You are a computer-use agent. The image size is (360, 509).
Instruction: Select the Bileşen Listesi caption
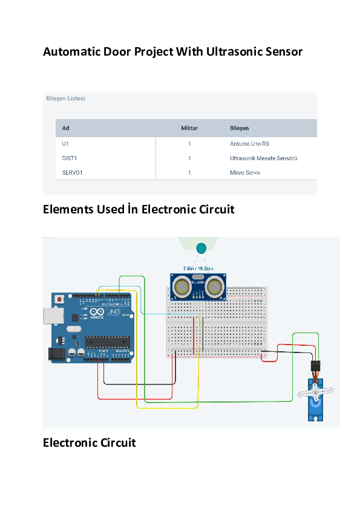pyautogui.click(x=66, y=99)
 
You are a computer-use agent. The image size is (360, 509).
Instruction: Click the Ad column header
pyautogui.click(x=65, y=128)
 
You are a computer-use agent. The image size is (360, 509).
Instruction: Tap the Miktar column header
pyautogui.click(x=189, y=128)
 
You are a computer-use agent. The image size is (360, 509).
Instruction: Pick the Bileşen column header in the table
pyautogui.click(x=239, y=128)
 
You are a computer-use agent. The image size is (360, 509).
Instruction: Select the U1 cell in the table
pyautogui.click(x=65, y=144)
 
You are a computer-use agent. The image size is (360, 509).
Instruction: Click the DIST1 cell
pyautogui.click(x=70, y=158)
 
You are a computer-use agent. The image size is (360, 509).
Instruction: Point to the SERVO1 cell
pyautogui.click(x=73, y=173)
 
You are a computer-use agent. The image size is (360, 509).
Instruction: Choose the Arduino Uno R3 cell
pyautogui.click(x=249, y=144)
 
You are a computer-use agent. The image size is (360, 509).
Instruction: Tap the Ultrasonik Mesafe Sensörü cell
pyautogui.click(x=264, y=158)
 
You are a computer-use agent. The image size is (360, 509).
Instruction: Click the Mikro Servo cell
pyautogui.click(x=245, y=173)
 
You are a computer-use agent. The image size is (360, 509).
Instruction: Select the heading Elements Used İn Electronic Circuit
pyautogui.click(x=139, y=209)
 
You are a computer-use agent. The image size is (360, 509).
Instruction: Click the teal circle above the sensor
pyautogui.click(x=201, y=247)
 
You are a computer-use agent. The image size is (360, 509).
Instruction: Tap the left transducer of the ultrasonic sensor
pyautogui.click(x=181, y=287)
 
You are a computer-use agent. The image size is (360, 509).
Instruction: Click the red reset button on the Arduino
pyautogui.click(x=59, y=299)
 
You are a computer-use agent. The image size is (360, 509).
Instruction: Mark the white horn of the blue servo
pyautogui.click(x=315, y=394)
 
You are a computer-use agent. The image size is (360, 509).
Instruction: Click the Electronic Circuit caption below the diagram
pyautogui.click(x=89, y=443)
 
